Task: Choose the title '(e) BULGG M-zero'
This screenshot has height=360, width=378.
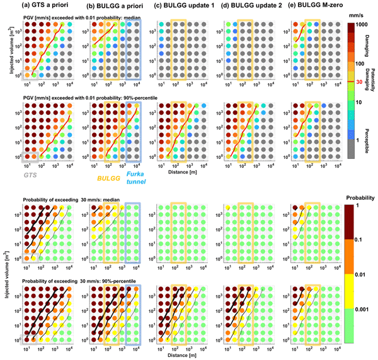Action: tap(317, 6)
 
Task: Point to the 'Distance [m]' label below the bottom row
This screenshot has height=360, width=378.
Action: tap(187, 356)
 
